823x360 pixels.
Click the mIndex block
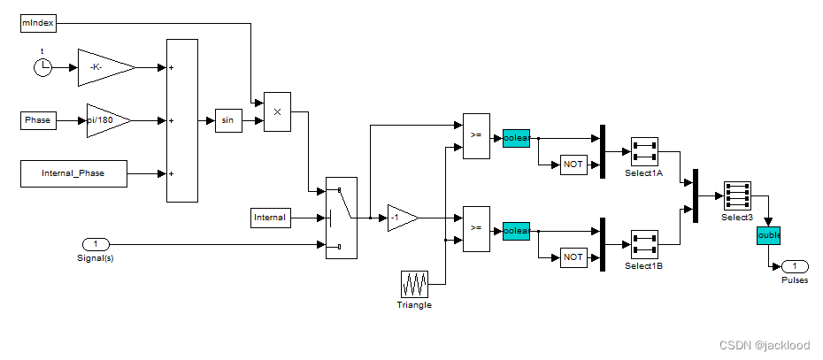[x=38, y=23]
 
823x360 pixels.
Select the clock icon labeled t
[x=42, y=67]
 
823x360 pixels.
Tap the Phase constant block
[x=38, y=120]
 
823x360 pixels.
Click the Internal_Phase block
[x=73, y=173]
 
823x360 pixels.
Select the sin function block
[x=227, y=121]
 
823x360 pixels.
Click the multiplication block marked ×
[x=277, y=111]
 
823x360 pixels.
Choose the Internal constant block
[x=270, y=217]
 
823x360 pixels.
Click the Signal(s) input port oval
[x=95, y=244]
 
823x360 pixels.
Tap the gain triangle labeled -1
[x=401, y=218]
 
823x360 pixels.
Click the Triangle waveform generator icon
[x=414, y=284]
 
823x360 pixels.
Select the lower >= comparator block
[x=476, y=227]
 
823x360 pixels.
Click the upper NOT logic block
[x=573, y=165]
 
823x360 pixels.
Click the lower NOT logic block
[x=573, y=257]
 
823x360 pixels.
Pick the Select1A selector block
[x=643, y=151]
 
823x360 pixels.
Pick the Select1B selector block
[x=643, y=244]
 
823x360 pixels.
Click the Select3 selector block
[x=736, y=195]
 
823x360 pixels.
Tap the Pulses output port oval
[x=795, y=266]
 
